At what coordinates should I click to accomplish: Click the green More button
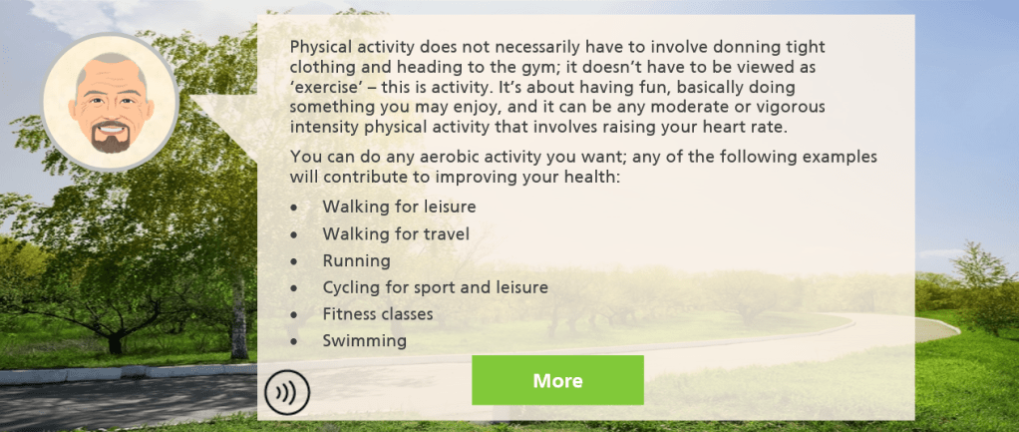pos(557,380)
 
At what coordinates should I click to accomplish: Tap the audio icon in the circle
pos(287,393)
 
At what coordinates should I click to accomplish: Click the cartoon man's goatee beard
pos(111,138)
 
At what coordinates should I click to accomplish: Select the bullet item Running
pos(356,260)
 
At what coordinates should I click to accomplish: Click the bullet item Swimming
pos(365,341)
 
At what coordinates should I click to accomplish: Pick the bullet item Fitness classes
pos(378,314)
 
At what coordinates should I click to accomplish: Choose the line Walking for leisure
pos(399,207)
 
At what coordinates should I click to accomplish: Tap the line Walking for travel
pos(396,233)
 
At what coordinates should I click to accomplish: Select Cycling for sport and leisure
pos(436,287)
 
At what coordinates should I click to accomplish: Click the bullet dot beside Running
pos(295,261)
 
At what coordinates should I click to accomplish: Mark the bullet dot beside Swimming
pos(295,341)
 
